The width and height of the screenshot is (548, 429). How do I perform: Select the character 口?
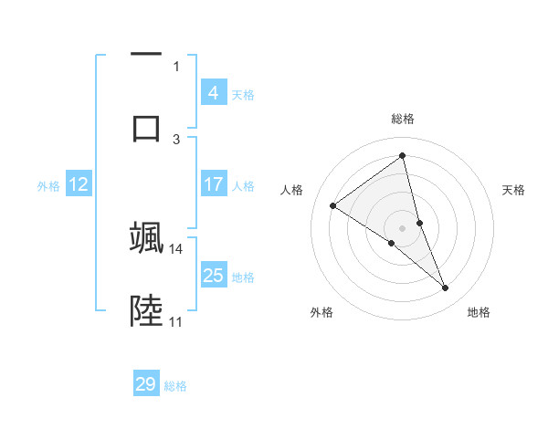pos(146,126)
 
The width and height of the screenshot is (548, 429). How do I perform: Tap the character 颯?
pos(146,237)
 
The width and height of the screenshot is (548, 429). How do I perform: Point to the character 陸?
pos(146,310)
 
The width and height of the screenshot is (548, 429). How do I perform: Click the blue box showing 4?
pos(214,93)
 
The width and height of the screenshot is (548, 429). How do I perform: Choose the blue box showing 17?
pos(214,184)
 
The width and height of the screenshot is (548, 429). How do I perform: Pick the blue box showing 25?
pos(214,276)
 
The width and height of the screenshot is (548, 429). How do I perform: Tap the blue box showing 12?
pos(79,184)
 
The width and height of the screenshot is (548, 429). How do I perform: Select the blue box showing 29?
pos(146,384)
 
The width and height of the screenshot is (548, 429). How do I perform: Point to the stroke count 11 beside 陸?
pos(175,321)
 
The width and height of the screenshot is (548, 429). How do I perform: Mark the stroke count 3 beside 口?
pos(176,139)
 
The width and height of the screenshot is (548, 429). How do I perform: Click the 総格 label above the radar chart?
pos(403,119)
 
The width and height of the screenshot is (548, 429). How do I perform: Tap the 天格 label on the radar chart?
pos(514,190)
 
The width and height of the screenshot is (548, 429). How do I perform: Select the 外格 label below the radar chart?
pos(321,312)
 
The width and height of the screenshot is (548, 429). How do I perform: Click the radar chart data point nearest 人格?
pos(333,205)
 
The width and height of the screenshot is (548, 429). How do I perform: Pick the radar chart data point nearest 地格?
pos(446,288)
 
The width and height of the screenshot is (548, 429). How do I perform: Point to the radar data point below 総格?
pos(403,156)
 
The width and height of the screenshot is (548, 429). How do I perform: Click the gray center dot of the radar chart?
pos(403,227)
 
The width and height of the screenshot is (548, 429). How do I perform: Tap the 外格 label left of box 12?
pos(48,185)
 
